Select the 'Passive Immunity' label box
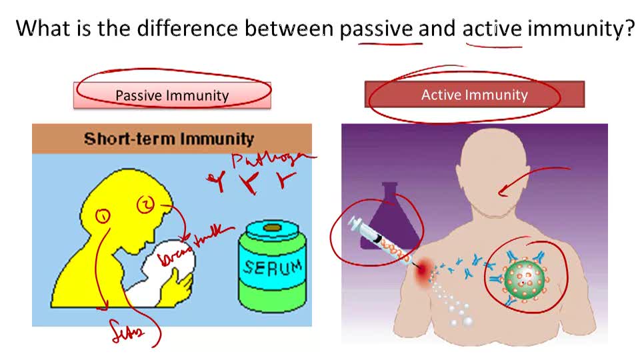pyautogui.click(x=172, y=95)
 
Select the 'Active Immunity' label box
pyautogui.click(x=474, y=95)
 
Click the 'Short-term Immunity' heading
pyautogui.click(x=169, y=139)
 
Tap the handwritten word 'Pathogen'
pyautogui.click(x=270, y=161)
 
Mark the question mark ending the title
pyautogui.click(x=627, y=29)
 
